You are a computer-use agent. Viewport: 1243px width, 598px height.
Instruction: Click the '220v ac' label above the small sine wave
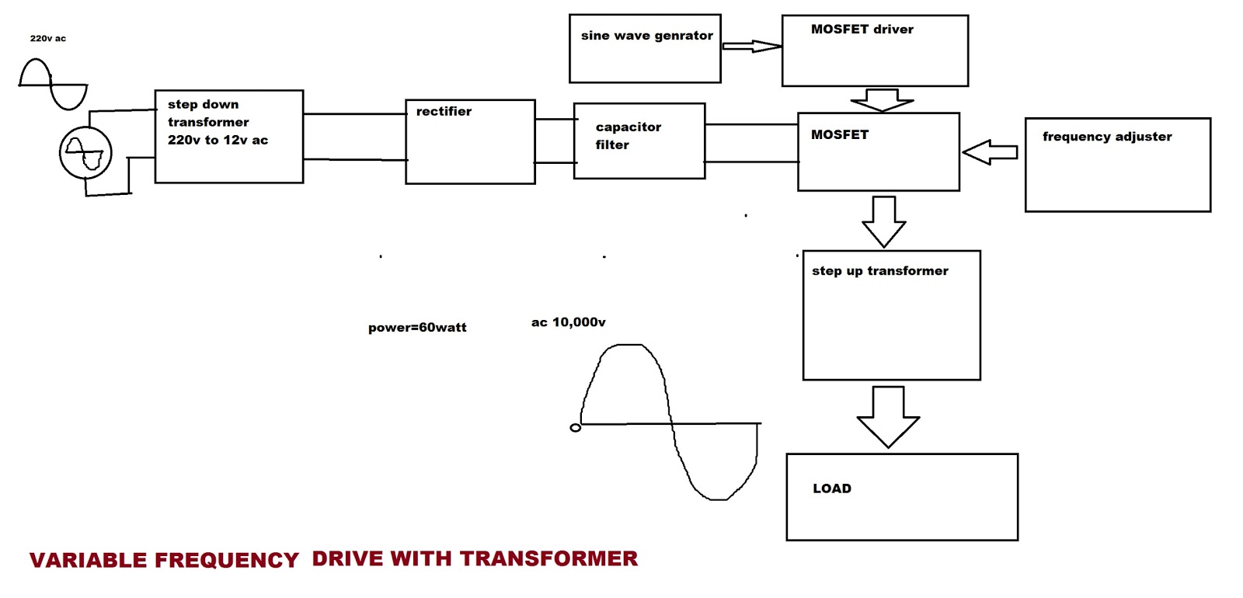[x=47, y=38]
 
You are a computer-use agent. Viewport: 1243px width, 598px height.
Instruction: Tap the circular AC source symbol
[x=85, y=153]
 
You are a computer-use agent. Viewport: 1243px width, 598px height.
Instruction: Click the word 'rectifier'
[x=444, y=111]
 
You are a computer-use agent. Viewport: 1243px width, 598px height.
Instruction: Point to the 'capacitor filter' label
[x=628, y=135]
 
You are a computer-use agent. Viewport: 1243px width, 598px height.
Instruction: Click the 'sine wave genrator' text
[x=646, y=36]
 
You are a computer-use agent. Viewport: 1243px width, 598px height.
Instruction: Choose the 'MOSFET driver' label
[x=862, y=30]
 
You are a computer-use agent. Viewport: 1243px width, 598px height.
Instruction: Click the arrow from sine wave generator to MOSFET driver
[x=751, y=47]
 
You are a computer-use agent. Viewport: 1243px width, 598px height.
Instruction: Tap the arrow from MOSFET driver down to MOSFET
[x=882, y=100]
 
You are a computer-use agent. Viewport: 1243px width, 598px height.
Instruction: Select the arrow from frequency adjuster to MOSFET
[x=990, y=152]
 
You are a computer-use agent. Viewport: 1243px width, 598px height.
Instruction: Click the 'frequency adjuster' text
[x=1106, y=137]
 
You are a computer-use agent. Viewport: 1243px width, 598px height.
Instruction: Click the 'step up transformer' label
[x=879, y=271]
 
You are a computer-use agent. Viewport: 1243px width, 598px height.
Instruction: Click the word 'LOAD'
[x=831, y=488]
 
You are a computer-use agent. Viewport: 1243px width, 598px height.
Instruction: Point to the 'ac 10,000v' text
[x=568, y=322]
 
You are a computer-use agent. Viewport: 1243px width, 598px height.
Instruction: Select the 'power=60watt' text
[x=417, y=328]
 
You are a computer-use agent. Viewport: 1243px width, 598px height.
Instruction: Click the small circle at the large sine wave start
[x=575, y=428]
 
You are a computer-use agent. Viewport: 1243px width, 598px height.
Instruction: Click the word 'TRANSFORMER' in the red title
[x=548, y=558]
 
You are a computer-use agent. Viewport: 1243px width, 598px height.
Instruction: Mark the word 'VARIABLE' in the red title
[x=88, y=561]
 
